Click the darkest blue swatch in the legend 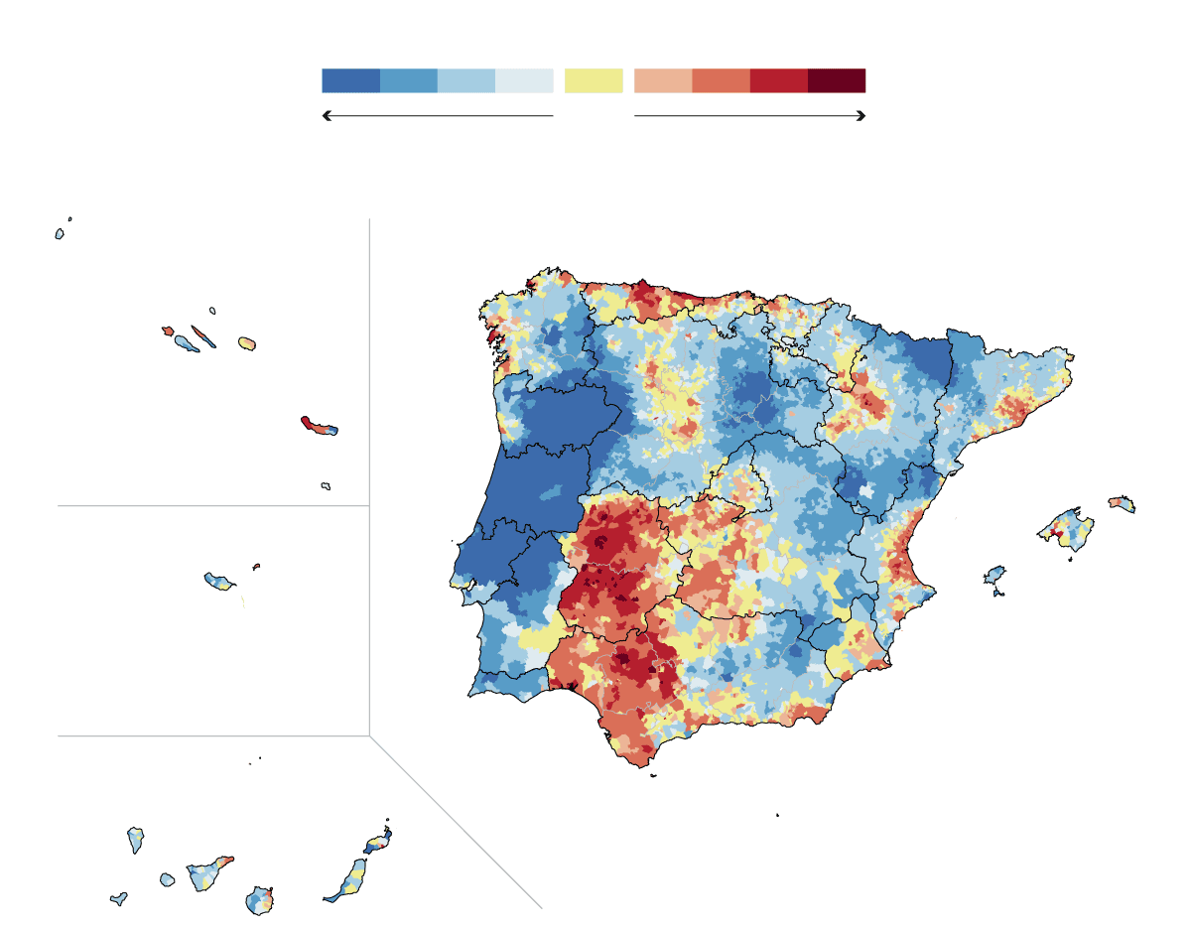tap(350, 80)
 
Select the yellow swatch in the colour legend tap(594, 80)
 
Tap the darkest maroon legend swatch tap(837, 80)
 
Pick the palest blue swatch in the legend tap(524, 80)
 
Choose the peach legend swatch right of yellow tap(663, 80)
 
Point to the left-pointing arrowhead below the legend tap(326, 116)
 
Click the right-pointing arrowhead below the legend tap(862, 116)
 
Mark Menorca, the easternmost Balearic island tap(1122, 503)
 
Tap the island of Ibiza tap(994, 575)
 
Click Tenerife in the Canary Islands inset tap(210, 874)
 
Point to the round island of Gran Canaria tap(260, 901)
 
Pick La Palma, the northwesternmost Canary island tap(136, 840)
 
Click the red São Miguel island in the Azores tap(318, 426)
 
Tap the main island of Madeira tap(219, 580)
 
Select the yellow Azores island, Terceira tap(247, 343)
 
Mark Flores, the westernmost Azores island tap(60, 234)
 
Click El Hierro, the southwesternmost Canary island tap(118, 899)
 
